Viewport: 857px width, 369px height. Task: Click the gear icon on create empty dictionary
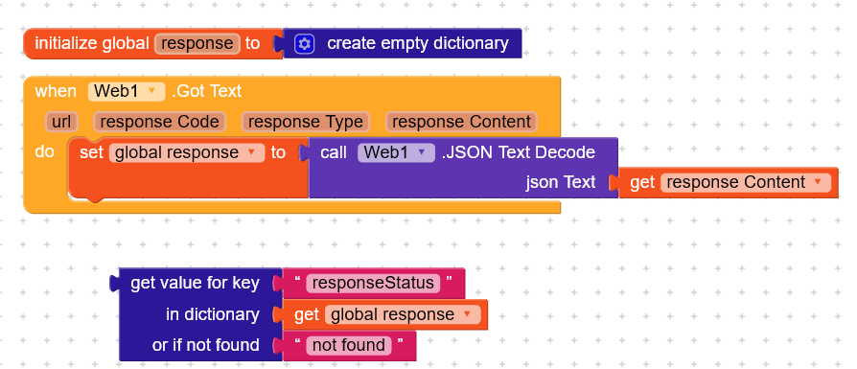[x=305, y=43]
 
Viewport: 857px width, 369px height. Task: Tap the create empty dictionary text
[x=417, y=43]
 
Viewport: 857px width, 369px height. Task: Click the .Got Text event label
[x=206, y=91]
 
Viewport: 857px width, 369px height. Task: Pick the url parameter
[x=64, y=122]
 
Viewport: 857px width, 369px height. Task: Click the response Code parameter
[x=159, y=122]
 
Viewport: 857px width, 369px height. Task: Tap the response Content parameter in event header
[x=461, y=122]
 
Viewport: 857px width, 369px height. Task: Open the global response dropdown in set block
[x=186, y=152]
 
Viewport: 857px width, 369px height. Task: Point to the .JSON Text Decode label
[x=519, y=152]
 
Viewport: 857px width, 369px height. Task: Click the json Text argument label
[x=561, y=182]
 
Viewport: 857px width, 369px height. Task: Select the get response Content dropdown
[x=744, y=182]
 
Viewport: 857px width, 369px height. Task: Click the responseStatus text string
[x=373, y=284]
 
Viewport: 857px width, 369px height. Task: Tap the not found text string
[x=347, y=345]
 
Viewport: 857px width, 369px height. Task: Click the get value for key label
[x=195, y=283]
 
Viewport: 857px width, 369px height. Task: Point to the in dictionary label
[x=212, y=314]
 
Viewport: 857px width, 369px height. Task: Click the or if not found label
[x=205, y=345]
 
